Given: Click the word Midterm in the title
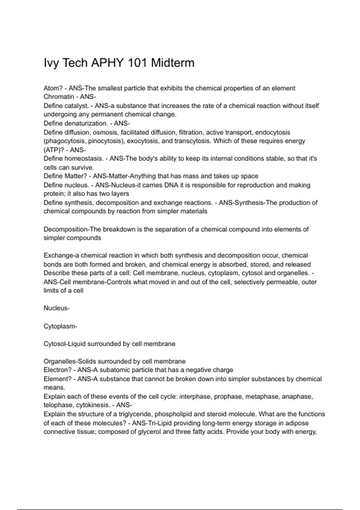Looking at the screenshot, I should [x=172, y=63].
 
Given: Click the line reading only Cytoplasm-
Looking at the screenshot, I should [x=60, y=326].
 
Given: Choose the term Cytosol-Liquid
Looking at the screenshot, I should [x=64, y=344].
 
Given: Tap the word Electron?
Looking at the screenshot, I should [x=58, y=370].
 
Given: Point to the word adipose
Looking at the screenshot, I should [x=297, y=423].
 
